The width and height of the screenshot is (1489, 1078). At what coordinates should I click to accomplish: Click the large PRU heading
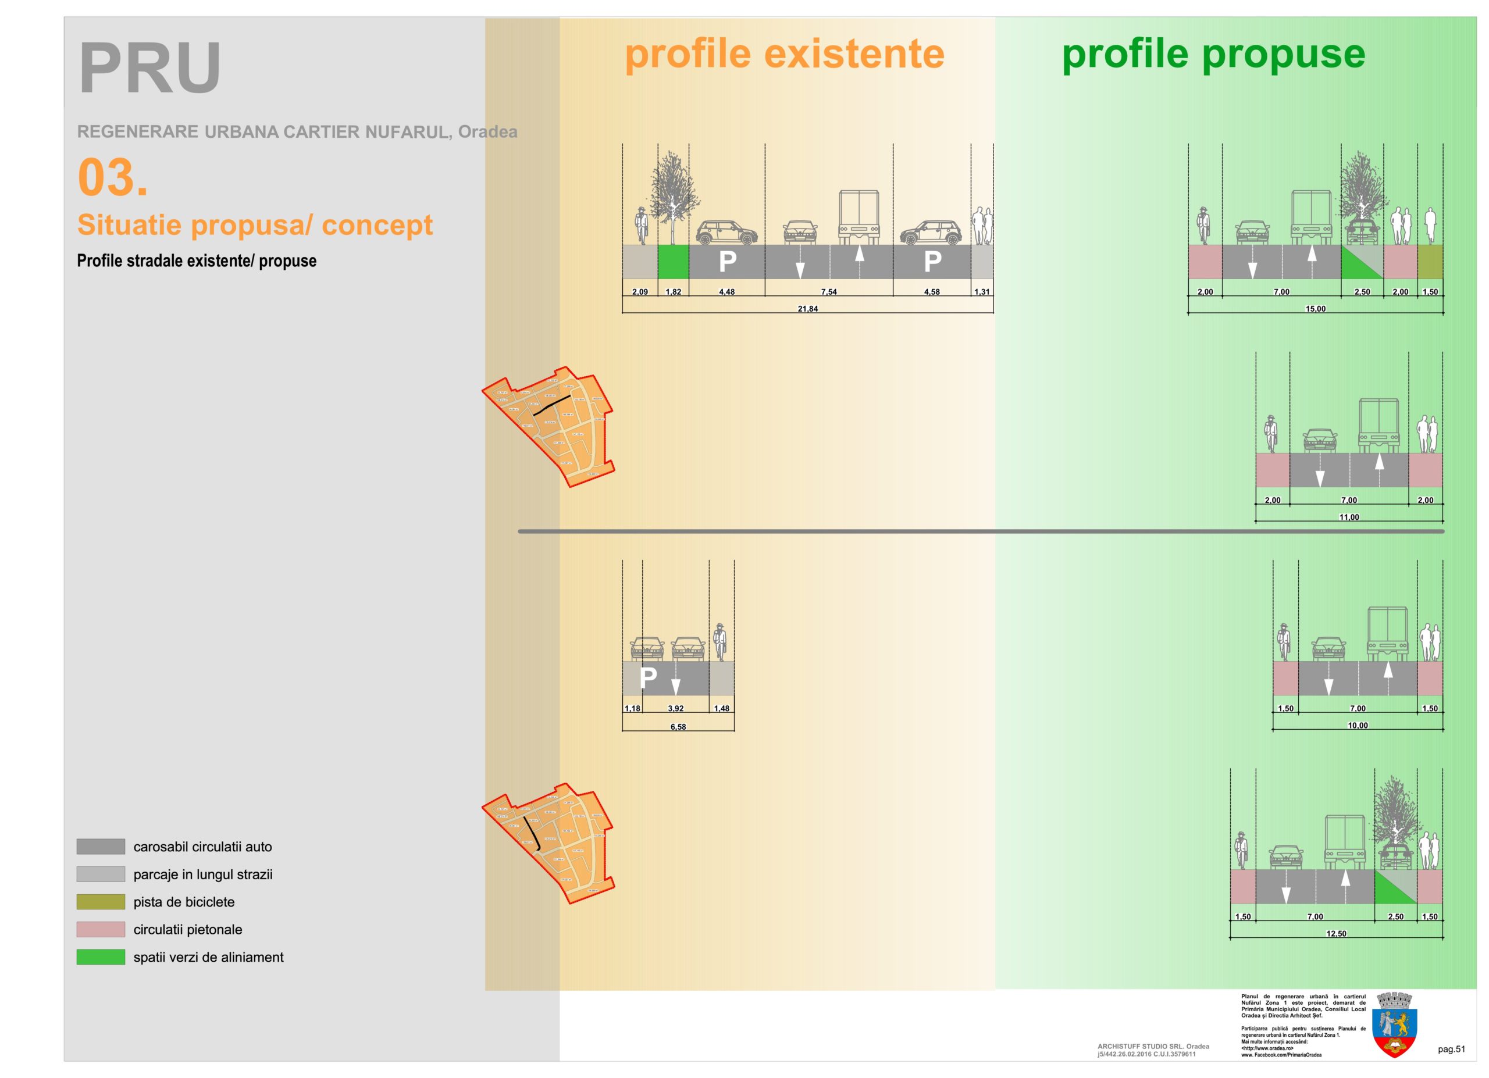click(x=149, y=68)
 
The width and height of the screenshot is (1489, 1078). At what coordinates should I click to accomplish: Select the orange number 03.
click(x=112, y=177)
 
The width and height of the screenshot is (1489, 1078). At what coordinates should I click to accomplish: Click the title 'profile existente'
click(x=784, y=54)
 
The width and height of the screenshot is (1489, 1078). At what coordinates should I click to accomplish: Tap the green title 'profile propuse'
click(x=1213, y=54)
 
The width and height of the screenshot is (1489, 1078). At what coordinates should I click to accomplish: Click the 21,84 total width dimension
click(x=807, y=308)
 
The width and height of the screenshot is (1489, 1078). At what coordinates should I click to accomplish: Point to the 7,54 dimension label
click(x=828, y=292)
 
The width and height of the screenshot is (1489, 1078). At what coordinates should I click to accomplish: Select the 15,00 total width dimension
click(x=1315, y=308)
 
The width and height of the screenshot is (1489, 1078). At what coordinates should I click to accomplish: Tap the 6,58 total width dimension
click(x=678, y=726)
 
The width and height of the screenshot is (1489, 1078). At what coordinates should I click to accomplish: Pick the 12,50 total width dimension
click(x=1336, y=933)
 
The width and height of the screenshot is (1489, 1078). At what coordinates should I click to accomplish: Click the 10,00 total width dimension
click(x=1358, y=725)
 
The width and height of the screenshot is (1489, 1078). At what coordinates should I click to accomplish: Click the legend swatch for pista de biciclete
click(x=101, y=901)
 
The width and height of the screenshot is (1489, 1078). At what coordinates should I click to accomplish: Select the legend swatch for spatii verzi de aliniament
click(x=101, y=956)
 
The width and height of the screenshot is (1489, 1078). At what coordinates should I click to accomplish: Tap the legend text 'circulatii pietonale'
click(x=188, y=929)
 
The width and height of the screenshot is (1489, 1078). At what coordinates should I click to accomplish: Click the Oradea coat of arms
click(x=1394, y=1024)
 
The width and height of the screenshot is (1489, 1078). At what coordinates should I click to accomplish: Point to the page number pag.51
click(x=1451, y=1049)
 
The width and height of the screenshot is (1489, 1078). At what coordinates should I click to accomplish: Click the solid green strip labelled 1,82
click(x=673, y=262)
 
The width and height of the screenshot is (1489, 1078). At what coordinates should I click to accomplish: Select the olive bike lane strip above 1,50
click(x=1430, y=262)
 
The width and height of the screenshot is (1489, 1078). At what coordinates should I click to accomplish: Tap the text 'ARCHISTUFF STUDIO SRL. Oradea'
click(x=1153, y=1047)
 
